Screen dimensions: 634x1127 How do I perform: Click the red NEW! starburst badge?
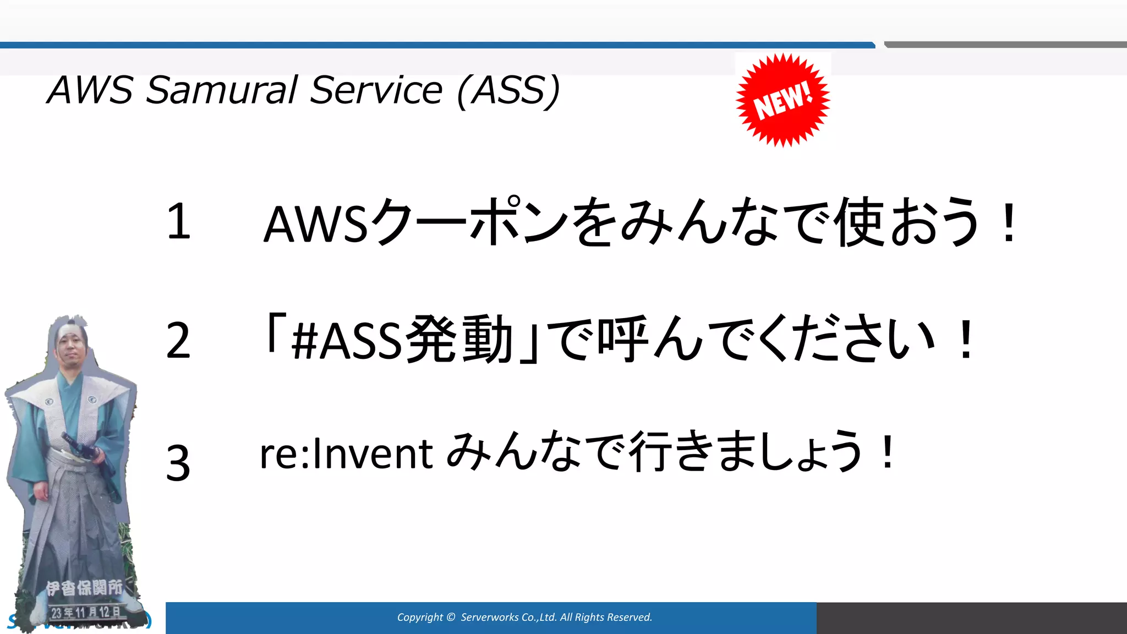(783, 100)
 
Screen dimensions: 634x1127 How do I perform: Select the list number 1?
(178, 221)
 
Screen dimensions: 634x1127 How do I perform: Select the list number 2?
(178, 341)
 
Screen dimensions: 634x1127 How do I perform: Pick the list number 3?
(178, 463)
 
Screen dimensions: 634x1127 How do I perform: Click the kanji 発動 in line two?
(460, 341)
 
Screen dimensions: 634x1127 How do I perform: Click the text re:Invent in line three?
(346, 454)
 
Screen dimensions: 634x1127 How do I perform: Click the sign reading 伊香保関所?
(84, 588)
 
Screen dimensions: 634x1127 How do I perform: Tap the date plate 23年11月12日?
(85, 612)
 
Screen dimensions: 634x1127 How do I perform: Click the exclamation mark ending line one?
(1009, 223)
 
